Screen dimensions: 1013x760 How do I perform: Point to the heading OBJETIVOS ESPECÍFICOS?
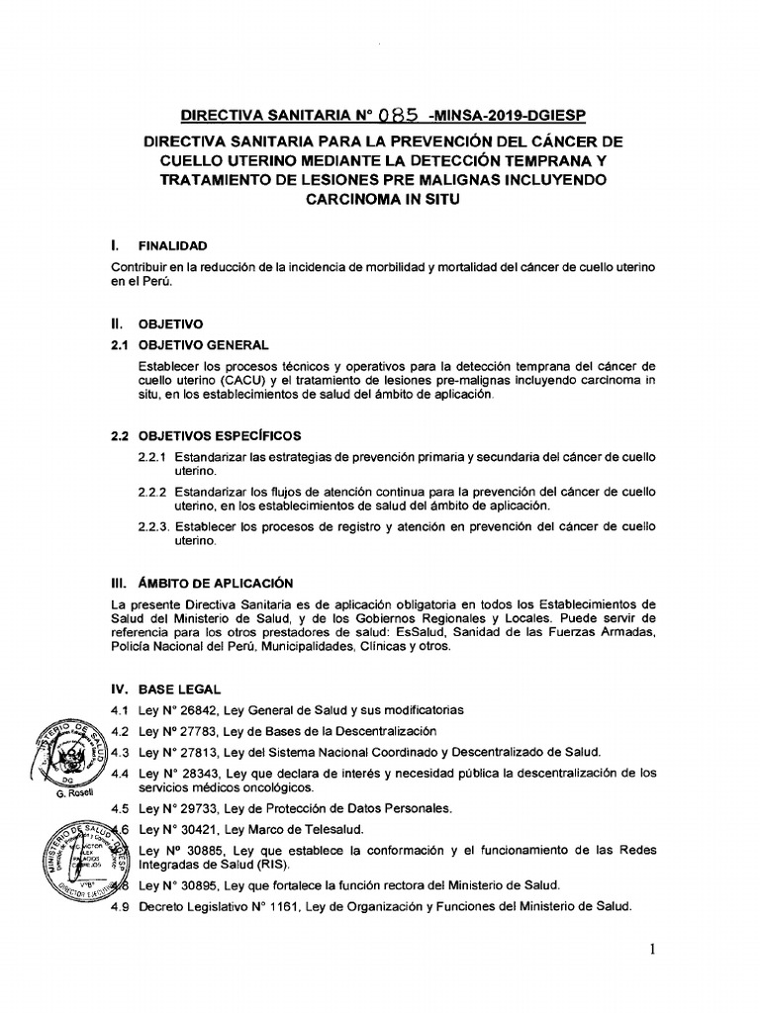(220, 435)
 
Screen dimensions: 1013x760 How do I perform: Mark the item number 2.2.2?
(155, 492)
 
